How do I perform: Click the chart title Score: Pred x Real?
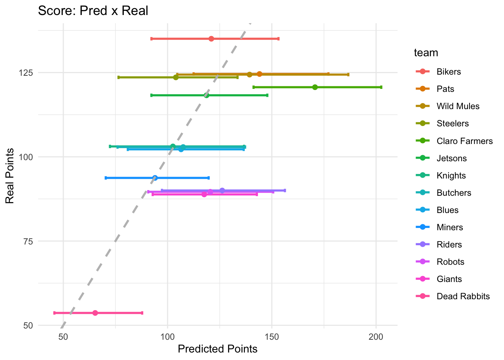[x=93, y=10]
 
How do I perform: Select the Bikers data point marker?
[x=211, y=39]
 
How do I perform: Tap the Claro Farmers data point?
[x=315, y=87]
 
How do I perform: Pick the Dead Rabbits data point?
[x=95, y=313]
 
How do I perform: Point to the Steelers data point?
[x=175, y=77]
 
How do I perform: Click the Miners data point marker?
[x=155, y=178]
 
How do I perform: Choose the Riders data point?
[x=222, y=190]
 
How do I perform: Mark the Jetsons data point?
[x=206, y=95]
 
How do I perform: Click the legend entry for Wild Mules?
[x=458, y=106]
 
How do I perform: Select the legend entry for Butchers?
[x=454, y=193]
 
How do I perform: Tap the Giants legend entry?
[x=449, y=279]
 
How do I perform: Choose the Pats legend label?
[x=445, y=89]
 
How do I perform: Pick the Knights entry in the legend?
[x=451, y=175]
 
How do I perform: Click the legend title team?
[x=426, y=52]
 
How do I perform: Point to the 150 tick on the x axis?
[x=272, y=336]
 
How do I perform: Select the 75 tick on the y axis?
[x=28, y=241]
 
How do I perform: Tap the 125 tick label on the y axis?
[x=26, y=72]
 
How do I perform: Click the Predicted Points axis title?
[x=217, y=349]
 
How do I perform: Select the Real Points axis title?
[x=10, y=176]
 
